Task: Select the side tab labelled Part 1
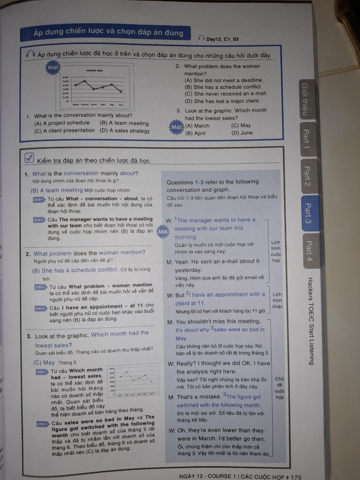click(306, 138)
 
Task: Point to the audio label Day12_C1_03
click(222, 39)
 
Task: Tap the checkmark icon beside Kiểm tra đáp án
click(29, 158)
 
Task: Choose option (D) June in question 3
click(242, 132)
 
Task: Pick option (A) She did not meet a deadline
click(224, 80)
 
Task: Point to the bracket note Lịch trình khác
click(277, 300)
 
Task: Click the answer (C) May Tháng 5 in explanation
click(55, 362)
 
